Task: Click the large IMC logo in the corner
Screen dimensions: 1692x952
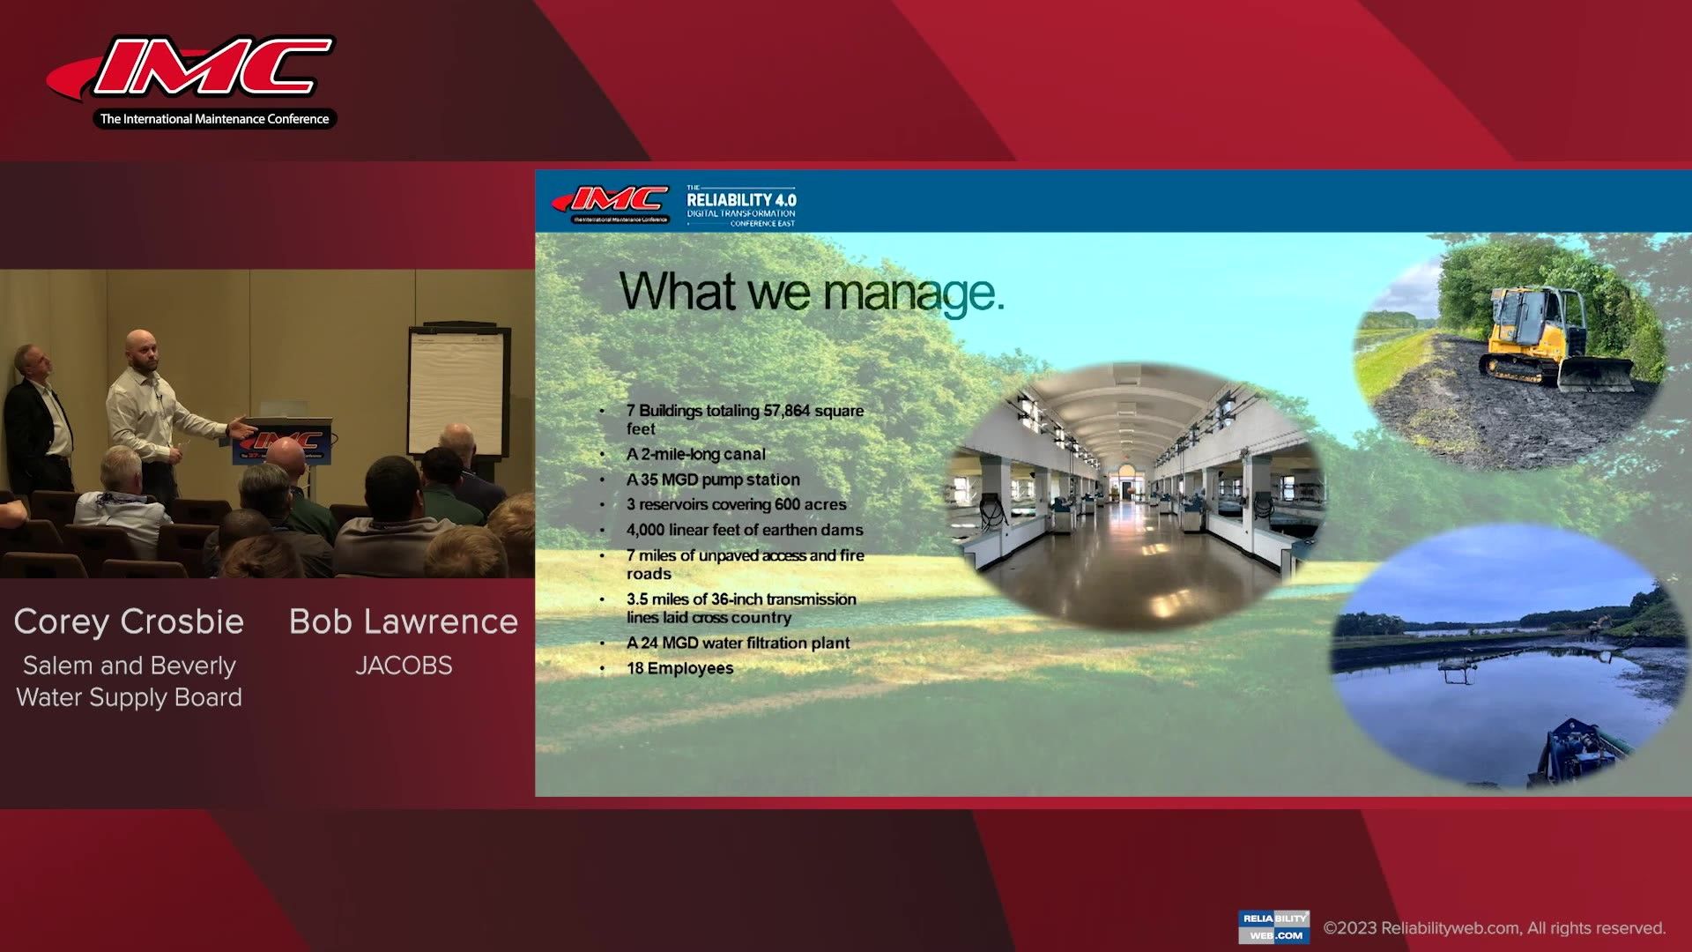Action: pos(192,81)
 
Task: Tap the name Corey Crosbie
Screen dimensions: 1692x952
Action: pos(129,621)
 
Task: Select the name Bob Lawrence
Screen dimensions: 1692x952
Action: pos(404,621)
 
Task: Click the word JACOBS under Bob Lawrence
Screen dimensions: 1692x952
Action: pos(404,666)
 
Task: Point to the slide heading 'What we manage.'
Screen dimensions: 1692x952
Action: pos(812,292)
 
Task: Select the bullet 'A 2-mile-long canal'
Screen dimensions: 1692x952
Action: pos(695,454)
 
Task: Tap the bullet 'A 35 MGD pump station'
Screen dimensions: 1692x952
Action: pos(713,480)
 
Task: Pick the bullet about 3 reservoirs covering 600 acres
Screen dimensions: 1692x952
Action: pos(736,504)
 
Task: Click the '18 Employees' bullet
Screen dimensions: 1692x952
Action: pos(679,668)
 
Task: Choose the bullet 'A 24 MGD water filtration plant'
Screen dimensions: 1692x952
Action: pos(738,643)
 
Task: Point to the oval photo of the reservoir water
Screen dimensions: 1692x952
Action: pos(1510,657)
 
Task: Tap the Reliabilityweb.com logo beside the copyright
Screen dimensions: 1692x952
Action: pos(1273,927)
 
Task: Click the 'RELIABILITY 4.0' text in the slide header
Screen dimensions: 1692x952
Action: pos(741,200)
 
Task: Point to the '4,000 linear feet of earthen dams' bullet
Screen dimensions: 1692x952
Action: pos(745,530)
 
